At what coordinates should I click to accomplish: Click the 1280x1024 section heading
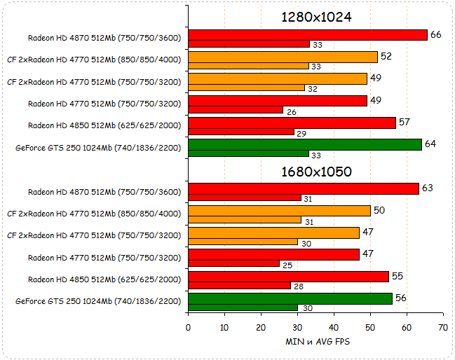315,17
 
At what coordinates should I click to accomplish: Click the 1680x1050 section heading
315,171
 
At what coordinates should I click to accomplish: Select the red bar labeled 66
308,35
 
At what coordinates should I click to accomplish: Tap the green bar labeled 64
305,144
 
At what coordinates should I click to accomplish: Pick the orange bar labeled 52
283,57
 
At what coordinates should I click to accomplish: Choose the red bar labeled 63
304,188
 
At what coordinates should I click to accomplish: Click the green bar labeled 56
290,298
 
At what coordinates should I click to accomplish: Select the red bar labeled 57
292,123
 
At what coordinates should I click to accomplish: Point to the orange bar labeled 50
279,210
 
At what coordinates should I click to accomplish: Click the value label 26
291,110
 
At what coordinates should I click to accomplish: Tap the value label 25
287,264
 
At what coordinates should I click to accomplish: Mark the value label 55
397,276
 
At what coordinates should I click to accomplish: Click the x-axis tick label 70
442,328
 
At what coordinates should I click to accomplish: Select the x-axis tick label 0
188,328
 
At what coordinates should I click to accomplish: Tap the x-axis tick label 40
334,328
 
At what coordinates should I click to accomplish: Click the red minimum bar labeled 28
239,286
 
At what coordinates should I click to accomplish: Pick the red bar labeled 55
288,276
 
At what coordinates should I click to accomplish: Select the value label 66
435,34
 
